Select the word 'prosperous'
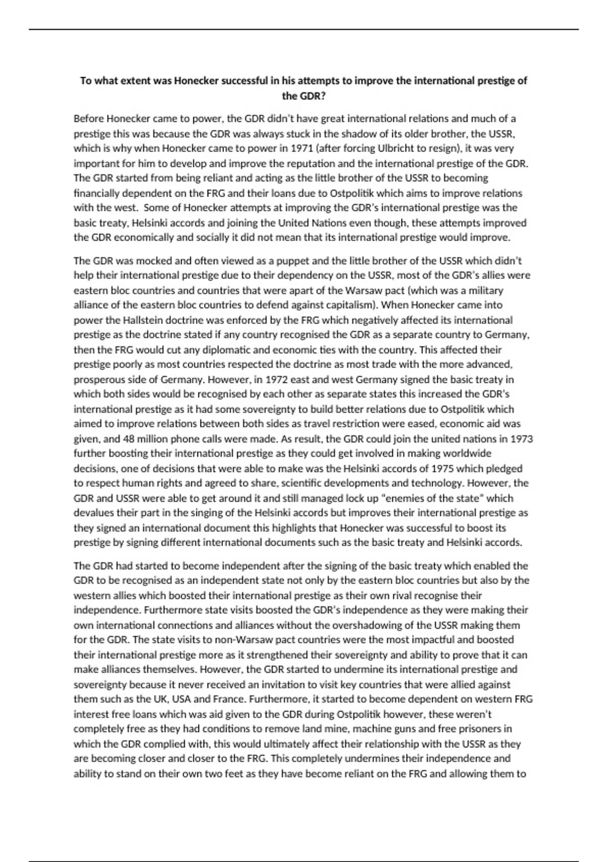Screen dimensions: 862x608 pyautogui.click(x=97, y=379)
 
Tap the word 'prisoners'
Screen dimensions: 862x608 pyautogui.click(x=490, y=729)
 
